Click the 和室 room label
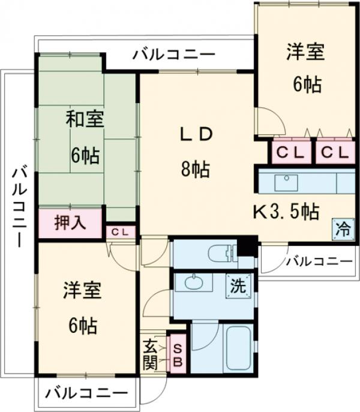pos(84,119)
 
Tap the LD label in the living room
pos(196,134)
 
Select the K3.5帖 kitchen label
pos(284,211)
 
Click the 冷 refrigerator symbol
pos(342,228)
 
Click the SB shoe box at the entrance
pos(177,354)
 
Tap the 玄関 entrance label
pos(149,354)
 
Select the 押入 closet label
pos(70,223)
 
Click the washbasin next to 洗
pos(193,282)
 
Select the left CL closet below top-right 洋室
pos(291,153)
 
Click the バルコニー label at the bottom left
pos(86,394)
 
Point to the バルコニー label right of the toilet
pos(318,261)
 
